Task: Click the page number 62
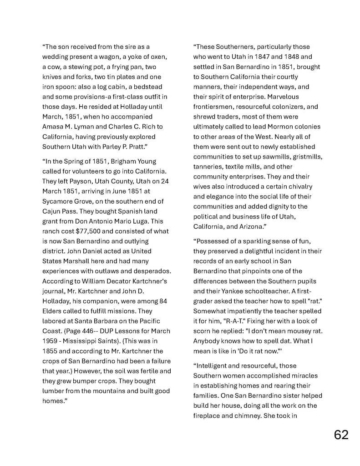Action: point(341,435)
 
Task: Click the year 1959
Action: point(50,341)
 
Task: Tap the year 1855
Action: point(50,351)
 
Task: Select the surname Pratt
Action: point(134,147)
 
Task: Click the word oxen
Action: point(158,56)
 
